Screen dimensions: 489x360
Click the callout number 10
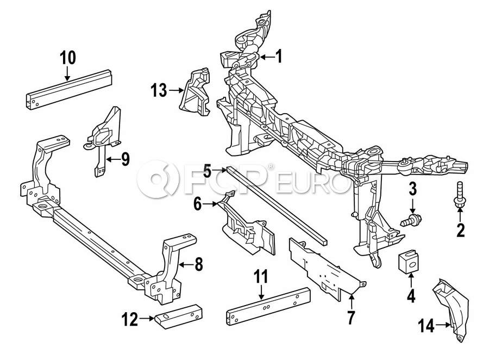pyautogui.click(x=68, y=58)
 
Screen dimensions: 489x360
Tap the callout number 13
pyautogui.click(x=159, y=91)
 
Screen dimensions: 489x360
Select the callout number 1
pyautogui.click(x=279, y=57)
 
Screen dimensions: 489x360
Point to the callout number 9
pyautogui.click(x=125, y=159)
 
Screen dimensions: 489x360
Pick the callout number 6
pyautogui.click(x=198, y=204)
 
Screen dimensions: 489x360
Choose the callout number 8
pyautogui.click(x=199, y=264)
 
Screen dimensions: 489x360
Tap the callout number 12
pyautogui.click(x=130, y=320)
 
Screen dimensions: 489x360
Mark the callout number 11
pyautogui.click(x=261, y=277)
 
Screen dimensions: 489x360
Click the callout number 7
pyautogui.click(x=351, y=318)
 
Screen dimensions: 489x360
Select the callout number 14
pyautogui.click(x=427, y=326)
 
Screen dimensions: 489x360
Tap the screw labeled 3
pyautogui.click(x=411, y=219)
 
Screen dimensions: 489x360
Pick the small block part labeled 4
pyautogui.click(x=409, y=262)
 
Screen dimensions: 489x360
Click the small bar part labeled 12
pyautogui.click(x=178, y=316)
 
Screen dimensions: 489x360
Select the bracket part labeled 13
pyautogui.click(x=195, y=92)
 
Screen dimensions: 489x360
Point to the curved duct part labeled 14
pyautogui.click(x=452, y=309)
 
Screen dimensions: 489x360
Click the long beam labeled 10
pyautogui.click(x=68, y=89)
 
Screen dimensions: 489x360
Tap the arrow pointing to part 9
pyautogui.click(x=113, y=159)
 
